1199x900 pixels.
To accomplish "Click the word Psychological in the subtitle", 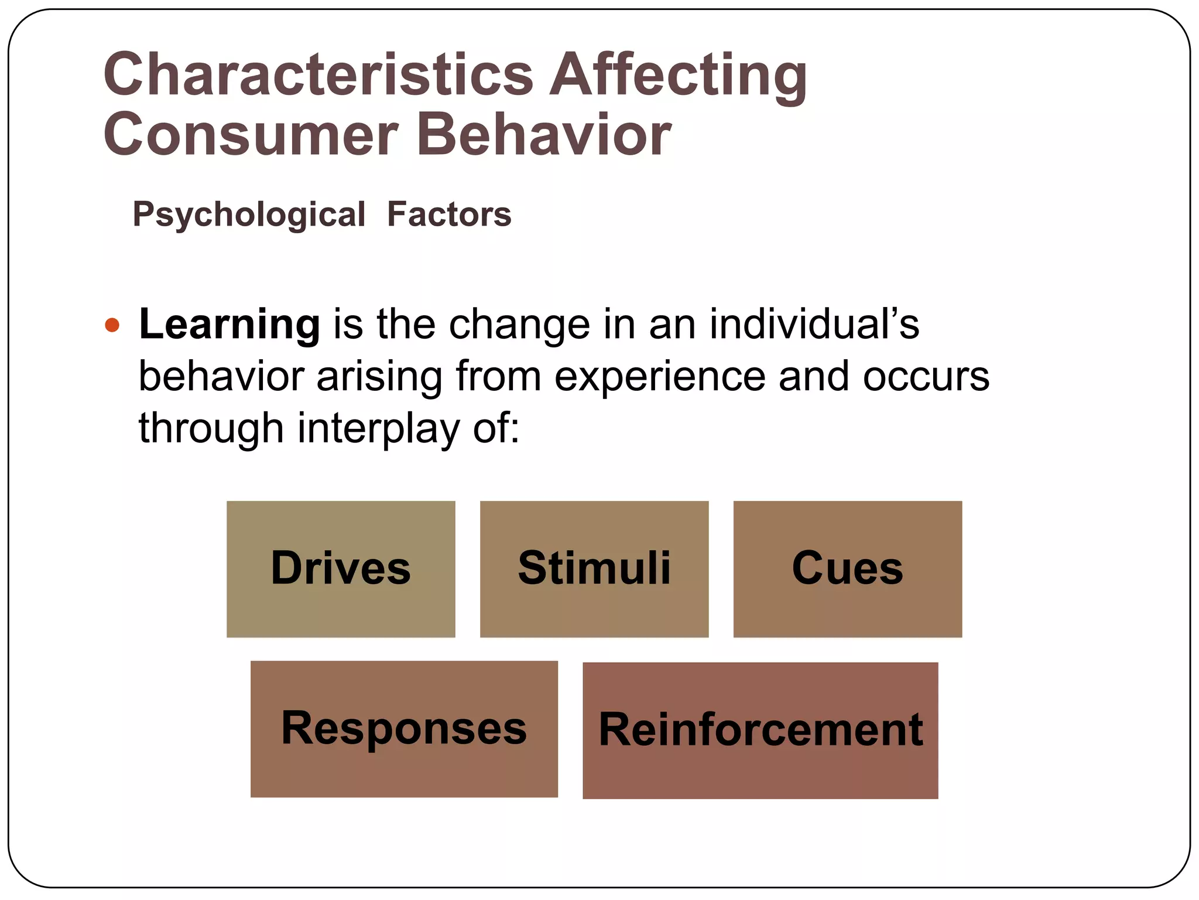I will coord(249,214).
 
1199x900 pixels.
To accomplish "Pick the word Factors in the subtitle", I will coord(449,214).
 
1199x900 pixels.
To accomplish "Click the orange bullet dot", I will coord(112,325).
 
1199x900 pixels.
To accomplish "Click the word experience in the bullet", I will coord(659,376).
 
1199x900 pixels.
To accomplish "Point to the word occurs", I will coord(926,376).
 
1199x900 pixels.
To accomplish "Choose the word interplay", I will coord(378,428).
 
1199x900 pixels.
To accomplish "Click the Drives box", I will coord(341,568).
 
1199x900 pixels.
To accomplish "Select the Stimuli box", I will coord(594,568).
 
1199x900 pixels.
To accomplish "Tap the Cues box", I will coord(847,568).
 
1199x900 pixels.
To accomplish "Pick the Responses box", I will coord(404,728).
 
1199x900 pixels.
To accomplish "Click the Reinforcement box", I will coord(760,730).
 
